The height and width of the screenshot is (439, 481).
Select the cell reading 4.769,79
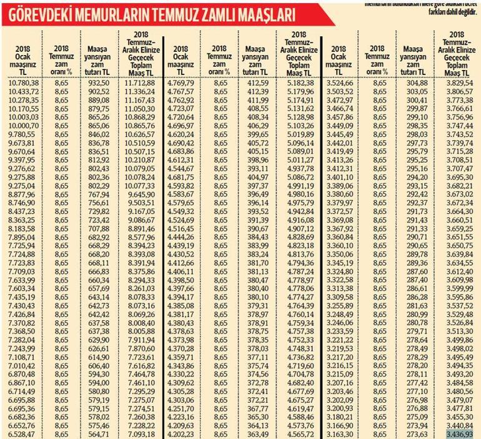(181, 83)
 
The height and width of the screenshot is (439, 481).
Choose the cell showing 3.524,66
(340, 83)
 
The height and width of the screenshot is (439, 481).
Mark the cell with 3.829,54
(459, 83)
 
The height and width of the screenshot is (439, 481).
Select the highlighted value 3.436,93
(459, 433)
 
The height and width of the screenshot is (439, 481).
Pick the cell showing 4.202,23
(181, 433)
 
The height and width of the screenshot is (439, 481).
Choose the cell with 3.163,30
(340, 433)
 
